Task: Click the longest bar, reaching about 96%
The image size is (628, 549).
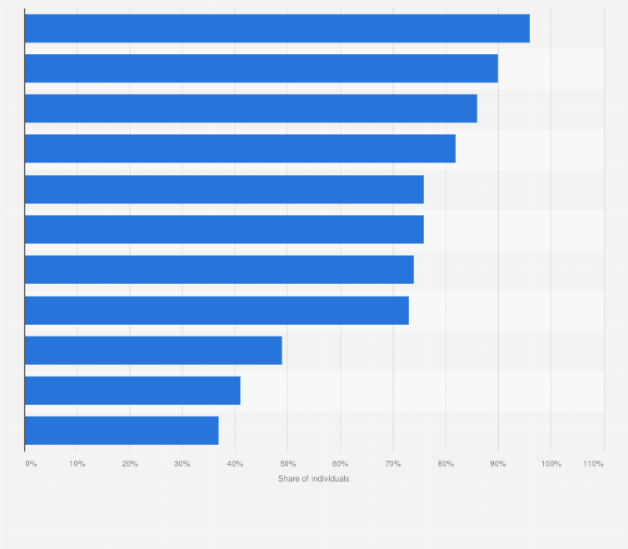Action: click(277, 28)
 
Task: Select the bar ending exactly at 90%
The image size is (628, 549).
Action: click(261, 68)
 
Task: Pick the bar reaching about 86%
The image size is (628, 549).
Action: click(251, 108)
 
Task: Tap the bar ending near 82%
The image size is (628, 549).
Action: click(240, 148)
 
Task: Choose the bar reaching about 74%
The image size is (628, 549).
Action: click(219, 270)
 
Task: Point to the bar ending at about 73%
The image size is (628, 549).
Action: click(217, 310)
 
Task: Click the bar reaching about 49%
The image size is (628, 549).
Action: click(153, 350)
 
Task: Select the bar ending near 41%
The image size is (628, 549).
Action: click(132, 390)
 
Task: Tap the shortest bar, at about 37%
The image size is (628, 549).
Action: click(122, 430)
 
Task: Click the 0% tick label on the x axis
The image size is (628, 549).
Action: click(31, 462)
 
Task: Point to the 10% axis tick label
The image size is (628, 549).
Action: click(77, 462)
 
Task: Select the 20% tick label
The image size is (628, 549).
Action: click(130, 462)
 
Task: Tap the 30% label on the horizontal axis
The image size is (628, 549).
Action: click(182, 462)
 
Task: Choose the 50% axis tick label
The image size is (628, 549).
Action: click(287, 462)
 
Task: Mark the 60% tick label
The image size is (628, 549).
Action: click(340, 462)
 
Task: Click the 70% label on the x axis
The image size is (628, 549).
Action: click(393, 462)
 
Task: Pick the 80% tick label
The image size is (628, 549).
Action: click(446, 462)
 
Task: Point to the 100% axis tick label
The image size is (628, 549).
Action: click(551, 462)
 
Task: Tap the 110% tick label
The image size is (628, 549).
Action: click(593, 462)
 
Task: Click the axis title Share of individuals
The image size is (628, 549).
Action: click(314, 479)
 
